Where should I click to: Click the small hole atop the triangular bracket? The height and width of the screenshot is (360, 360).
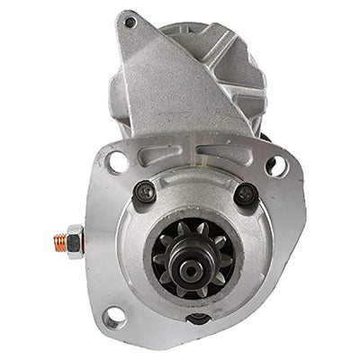pyautogui.click(x=131, y=22)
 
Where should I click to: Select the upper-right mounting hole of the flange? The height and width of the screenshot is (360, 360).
pyautogui.click(x=277, y=166)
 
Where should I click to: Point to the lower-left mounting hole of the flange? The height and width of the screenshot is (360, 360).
pyautogui.click(x=113, y=317)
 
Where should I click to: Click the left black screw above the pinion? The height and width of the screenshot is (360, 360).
pyautogui.click(x=143, y=191)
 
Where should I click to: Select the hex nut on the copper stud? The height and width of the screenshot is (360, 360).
pyautogui.click(x=74, y=240)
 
